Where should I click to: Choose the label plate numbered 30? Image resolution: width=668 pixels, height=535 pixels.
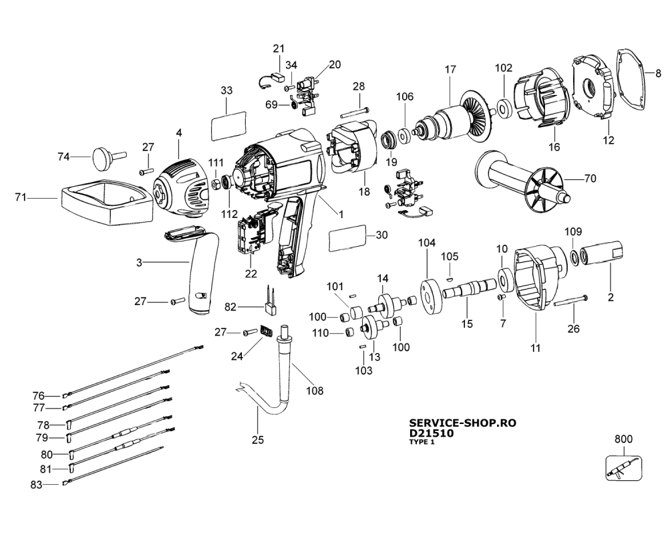tap(349, 237)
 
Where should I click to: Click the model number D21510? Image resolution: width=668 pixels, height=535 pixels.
tap(430, 433)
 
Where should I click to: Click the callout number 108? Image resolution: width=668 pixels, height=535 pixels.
tap(313, 391)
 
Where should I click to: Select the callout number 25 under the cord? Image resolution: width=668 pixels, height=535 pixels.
tap(258, 440)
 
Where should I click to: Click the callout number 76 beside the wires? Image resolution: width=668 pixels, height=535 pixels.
tap(39, 395)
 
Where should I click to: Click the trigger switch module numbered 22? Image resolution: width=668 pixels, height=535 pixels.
tap(251, 231)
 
